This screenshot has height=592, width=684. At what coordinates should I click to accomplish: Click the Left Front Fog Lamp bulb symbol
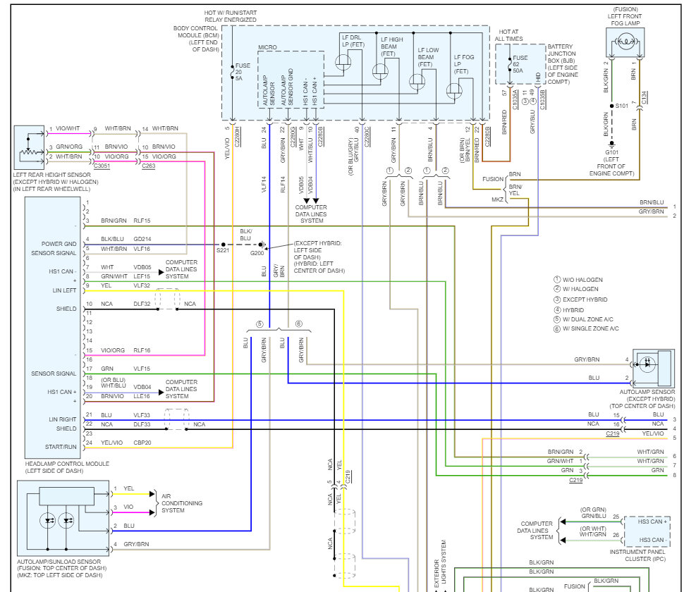click(x=625, y=42)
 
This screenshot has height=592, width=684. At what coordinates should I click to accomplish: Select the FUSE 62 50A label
click(x=520, y=64)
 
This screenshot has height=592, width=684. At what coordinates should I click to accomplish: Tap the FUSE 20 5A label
click(x=243, y=72)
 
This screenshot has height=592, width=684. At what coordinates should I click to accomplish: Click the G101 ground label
click(x=611, y=152)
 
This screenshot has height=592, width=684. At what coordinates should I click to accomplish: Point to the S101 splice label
click(x=622, y=106)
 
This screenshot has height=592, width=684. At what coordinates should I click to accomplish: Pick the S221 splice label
click(x=222, y=250)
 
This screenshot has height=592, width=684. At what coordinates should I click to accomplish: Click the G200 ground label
click(x=257, y=253)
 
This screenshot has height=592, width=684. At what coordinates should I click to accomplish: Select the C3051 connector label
click(x=102, y=166)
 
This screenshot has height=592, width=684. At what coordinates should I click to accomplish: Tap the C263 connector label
click(x=148, y=166)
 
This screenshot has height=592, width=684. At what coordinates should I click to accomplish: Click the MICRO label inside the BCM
click(x=267, y=47)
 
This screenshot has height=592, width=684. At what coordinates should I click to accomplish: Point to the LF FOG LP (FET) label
click(x=464, y=64)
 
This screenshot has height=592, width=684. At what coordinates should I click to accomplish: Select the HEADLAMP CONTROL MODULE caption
click(x=67, y=464)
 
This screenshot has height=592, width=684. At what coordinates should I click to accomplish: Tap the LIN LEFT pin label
click(x=65, y=290)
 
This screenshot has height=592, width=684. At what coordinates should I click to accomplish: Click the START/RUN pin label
click(x=61, y=447)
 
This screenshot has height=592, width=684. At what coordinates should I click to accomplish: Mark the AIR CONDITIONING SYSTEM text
click(x=182, y=503)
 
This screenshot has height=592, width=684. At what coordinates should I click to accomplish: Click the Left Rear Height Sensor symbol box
click(x=29, y=147)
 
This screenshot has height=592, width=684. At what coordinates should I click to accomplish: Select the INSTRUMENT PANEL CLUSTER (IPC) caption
click(x=637, y=555)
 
